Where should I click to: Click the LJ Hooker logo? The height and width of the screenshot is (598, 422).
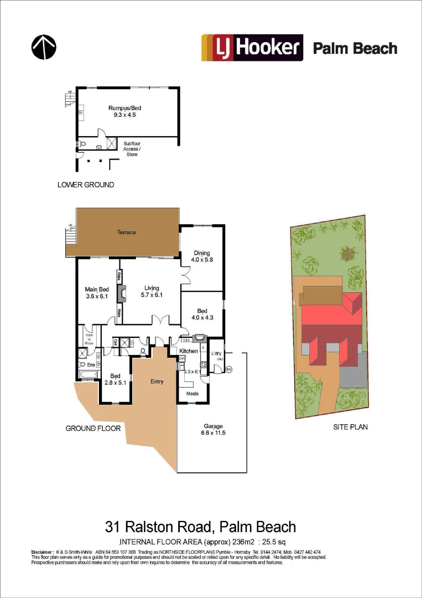tap(252, 48)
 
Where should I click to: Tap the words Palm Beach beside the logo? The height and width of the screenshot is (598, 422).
tap(355, 48)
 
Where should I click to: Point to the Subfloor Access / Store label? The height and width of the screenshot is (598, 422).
tap(132, 149)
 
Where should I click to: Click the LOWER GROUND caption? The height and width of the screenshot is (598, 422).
tap(86, 184)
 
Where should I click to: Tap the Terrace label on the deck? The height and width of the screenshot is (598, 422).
tap(126, 232)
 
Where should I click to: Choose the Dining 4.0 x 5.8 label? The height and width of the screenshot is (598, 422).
tap(202, 256)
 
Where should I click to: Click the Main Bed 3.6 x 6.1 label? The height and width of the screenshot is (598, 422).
tap(97, 292)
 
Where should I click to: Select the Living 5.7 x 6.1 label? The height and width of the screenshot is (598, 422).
tap(152, 291)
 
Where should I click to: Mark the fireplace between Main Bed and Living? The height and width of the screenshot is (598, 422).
tap(123, 292)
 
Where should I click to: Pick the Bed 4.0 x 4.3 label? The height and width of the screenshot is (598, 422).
tap(202, 314)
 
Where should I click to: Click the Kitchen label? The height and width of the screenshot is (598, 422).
tap(188, 351)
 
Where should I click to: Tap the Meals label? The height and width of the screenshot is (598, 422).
tap(192, 394)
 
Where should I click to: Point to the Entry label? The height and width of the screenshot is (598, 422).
tap(157, 382)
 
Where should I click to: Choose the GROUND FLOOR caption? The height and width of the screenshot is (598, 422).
tap(93, 428)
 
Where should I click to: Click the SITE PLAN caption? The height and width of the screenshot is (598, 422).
tap(350, 427)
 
